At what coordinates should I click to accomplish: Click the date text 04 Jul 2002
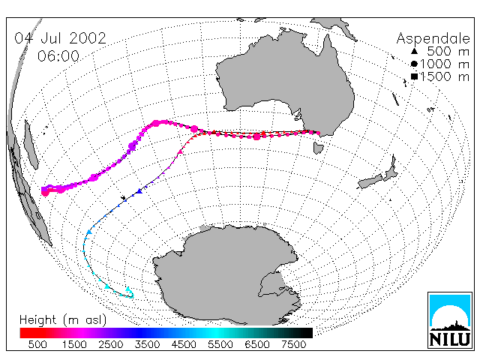[x=60, y=38]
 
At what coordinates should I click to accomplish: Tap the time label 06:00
[x=58, y=56]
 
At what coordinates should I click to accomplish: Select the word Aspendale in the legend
[x=433, y=39]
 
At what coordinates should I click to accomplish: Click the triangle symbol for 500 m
[x=414, y=51]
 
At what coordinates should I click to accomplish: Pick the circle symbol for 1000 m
[x=414, y=64]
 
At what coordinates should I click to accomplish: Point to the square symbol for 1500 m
[x=414, y=76]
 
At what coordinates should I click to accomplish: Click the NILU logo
[x=450, y=320]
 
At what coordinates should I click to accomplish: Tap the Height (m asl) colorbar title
[x=63, y=320]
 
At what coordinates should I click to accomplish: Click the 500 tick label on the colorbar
[x=37, y=344]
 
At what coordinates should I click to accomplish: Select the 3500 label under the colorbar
[x=147, y=344]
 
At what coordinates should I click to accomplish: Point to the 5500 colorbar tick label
[x=220, y=344]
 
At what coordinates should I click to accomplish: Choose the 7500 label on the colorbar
[x=293, y=344]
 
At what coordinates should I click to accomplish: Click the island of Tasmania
[x=318, y=148]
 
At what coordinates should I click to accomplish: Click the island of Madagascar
[x=31, y=145]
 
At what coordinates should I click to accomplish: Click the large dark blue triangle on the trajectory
[x=139, y=191]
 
